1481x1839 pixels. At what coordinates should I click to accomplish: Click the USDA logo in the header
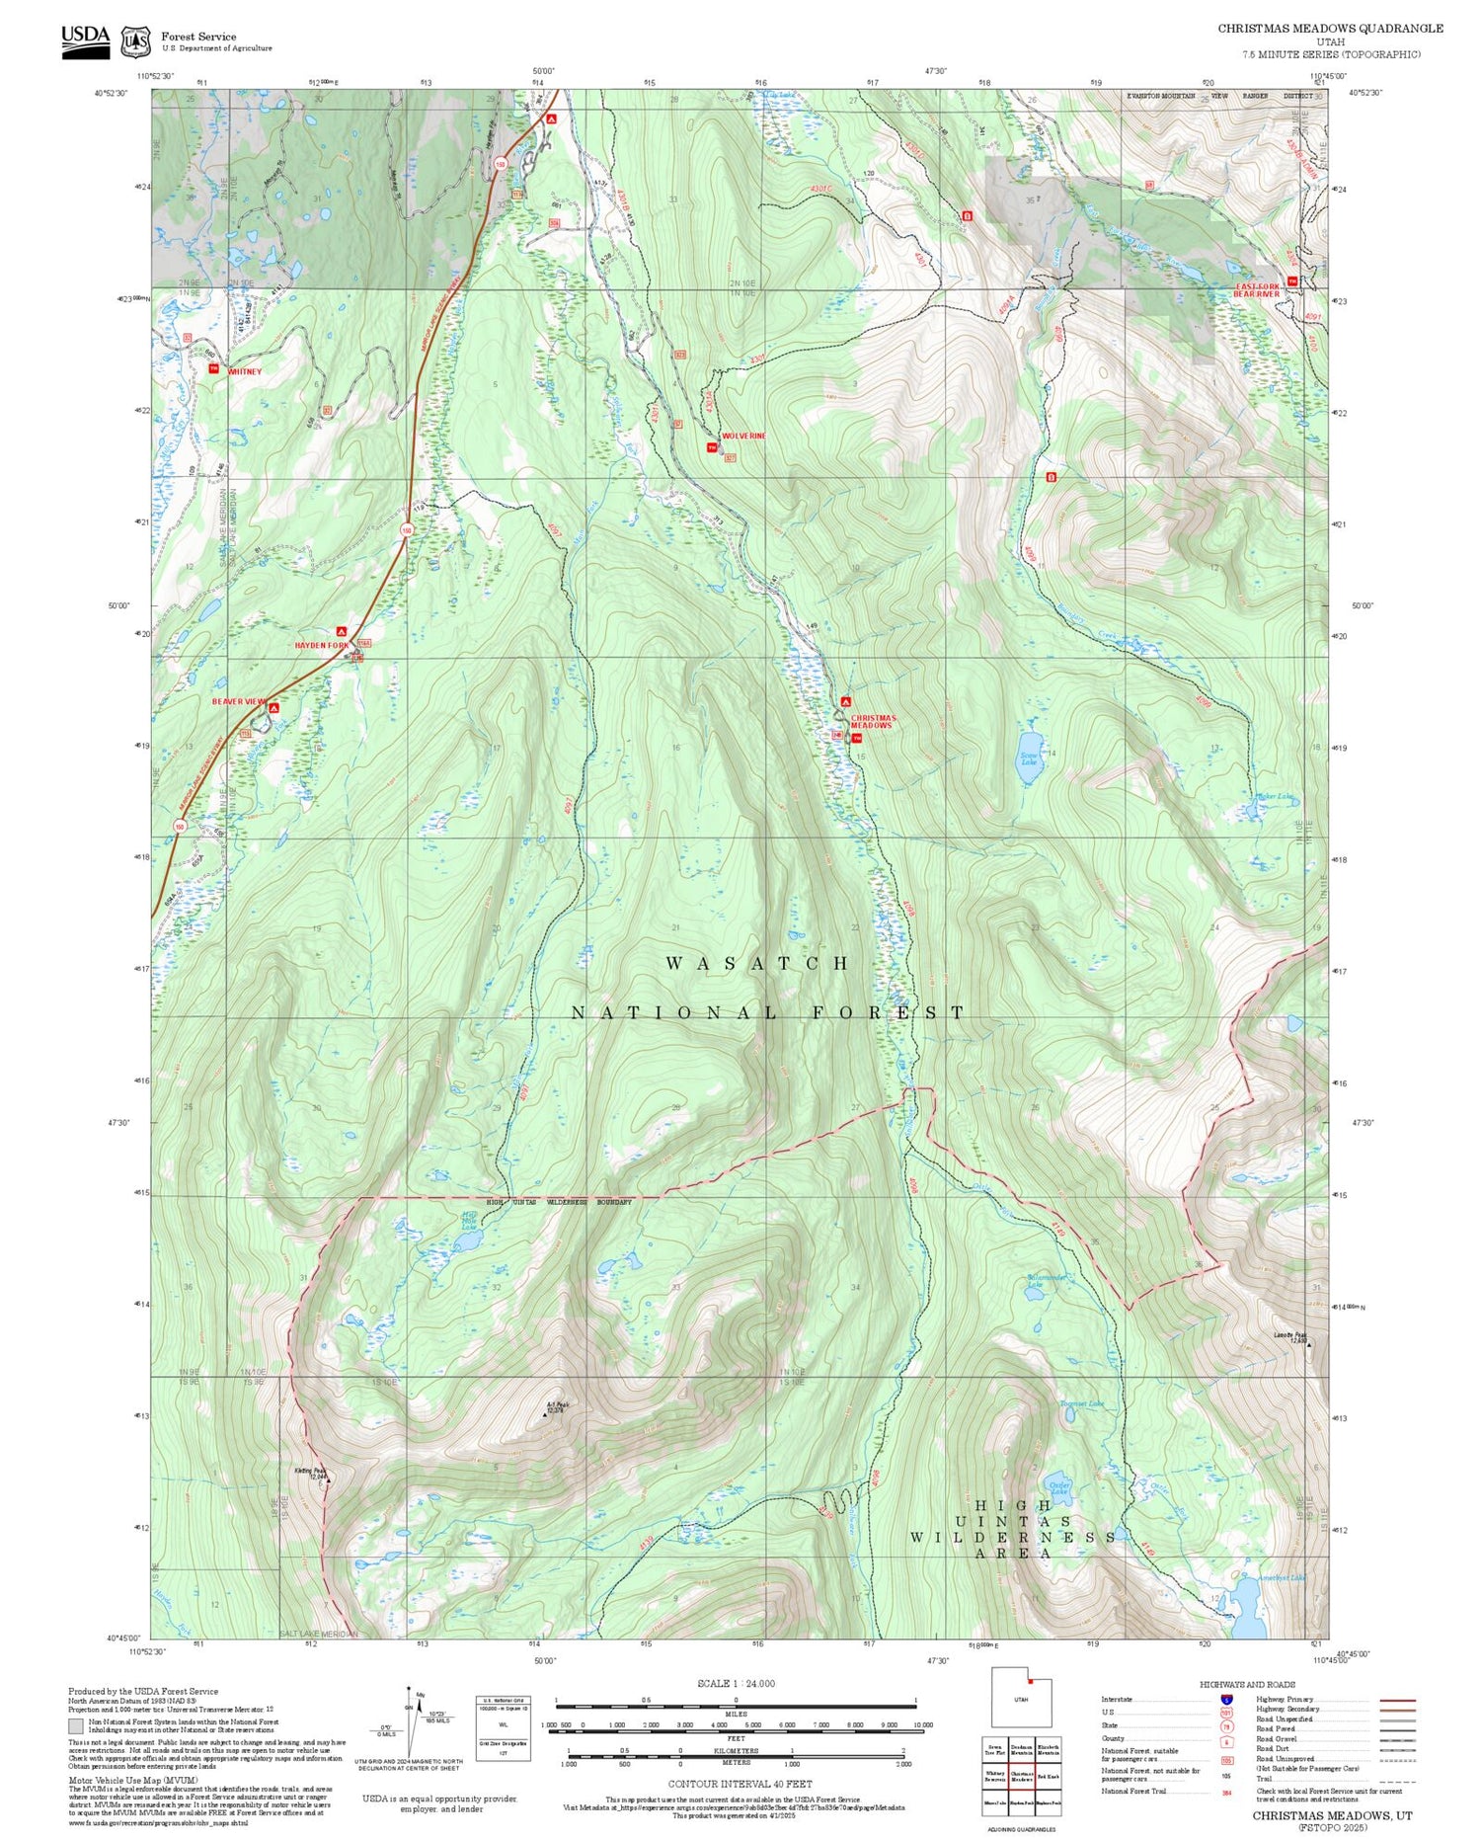86,40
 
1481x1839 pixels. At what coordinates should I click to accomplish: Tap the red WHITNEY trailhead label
245,371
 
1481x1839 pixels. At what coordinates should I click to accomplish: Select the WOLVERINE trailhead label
743,436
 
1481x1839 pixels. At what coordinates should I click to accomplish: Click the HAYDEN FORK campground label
322,645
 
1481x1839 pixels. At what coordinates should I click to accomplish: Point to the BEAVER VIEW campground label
239,701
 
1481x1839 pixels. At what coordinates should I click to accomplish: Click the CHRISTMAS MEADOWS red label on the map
872,722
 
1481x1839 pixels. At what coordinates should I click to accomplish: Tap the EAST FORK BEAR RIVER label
1257,290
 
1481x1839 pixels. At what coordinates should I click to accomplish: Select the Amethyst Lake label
1282,1577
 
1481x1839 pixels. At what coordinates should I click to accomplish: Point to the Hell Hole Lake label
469,1221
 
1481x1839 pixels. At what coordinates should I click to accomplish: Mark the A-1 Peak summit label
557,1406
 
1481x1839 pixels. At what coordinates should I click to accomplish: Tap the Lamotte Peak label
1289,1335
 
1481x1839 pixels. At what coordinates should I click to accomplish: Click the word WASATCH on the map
757,963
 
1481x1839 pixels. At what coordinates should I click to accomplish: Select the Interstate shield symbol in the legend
1227,1700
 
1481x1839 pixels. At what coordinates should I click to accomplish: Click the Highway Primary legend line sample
1393,1701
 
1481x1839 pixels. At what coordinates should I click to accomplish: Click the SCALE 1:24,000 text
736,1684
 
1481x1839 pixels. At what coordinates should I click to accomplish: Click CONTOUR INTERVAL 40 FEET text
740,1784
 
